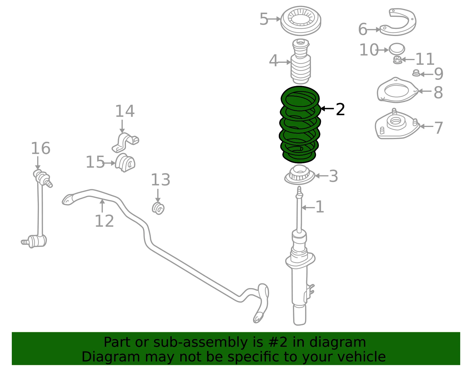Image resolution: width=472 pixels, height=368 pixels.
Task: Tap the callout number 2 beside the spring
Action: point(340,110)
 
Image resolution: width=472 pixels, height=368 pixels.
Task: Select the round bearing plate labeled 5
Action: point(301,21)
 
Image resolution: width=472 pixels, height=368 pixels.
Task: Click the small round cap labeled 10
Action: point(397,49)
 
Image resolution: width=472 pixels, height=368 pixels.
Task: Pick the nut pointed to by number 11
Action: point(397,60)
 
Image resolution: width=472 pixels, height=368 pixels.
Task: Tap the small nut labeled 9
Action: point(416,73)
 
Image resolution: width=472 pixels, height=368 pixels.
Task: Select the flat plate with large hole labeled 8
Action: point(397,90)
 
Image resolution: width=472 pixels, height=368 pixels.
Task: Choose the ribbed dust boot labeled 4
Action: point(301,62)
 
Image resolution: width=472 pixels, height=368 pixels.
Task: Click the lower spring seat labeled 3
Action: point(299,175)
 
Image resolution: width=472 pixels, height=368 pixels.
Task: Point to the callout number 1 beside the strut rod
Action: point(320,207)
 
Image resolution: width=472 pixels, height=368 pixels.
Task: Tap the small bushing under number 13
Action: point(158,208)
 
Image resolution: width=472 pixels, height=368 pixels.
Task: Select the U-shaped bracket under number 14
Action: point(125,143)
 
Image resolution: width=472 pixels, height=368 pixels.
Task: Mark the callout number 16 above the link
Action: point(41,148)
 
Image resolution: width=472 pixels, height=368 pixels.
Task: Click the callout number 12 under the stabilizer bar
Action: point(104,221)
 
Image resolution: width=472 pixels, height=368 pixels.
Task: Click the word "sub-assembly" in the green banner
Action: point(201,342)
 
